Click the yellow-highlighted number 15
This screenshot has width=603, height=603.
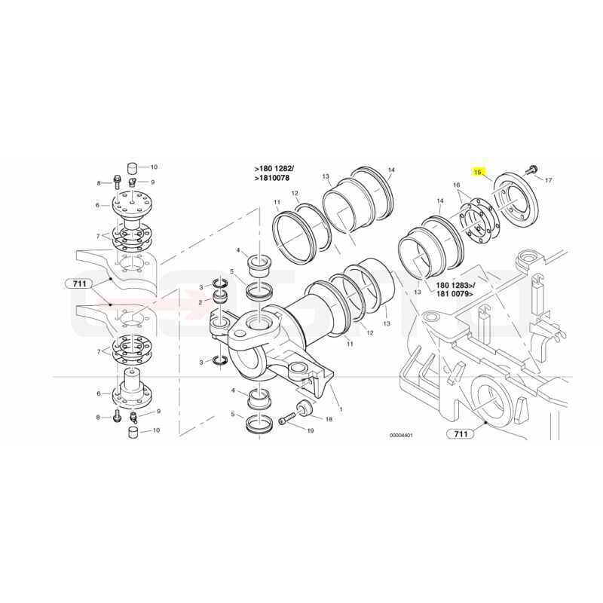[x=478, y=172]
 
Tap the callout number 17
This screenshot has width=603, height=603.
[x=549, y=180]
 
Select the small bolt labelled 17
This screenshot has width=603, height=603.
[x=532, y=169]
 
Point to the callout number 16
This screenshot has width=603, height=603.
[x=457, y=185]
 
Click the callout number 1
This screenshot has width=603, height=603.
[x=341, y=409]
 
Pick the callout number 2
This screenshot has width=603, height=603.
[x=200, y=303]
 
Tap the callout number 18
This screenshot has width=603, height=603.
[x=329, y=419]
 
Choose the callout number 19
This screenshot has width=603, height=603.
[x=311, y=430]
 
